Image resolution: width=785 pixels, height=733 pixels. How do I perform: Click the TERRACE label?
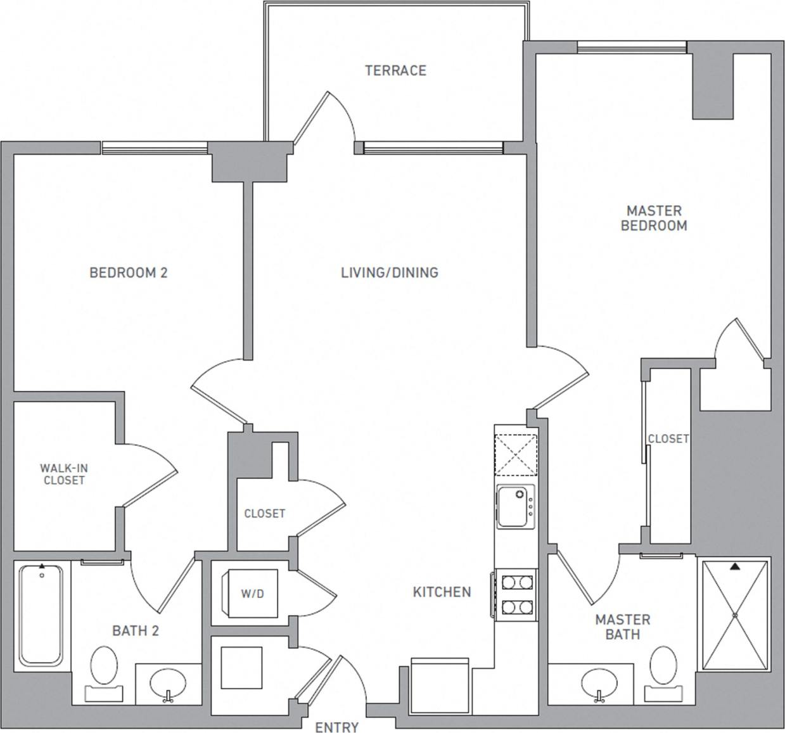coord(395,70)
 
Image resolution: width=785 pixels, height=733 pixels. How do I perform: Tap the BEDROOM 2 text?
coord(129,272)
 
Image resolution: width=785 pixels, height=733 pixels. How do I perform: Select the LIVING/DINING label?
coord(390,272)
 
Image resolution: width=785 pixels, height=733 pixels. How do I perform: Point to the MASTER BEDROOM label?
coord(654,218)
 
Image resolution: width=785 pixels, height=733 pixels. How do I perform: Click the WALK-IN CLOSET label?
coord(64,474)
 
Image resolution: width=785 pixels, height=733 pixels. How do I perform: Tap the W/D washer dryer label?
coord(252,594)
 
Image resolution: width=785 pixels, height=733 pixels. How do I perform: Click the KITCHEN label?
coord(442,592)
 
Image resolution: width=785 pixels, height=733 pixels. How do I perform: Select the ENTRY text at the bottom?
coord(336,727)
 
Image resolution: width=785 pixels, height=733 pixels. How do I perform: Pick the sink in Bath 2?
coord(169,684)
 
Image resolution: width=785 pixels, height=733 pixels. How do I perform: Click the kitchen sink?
coord(514,506)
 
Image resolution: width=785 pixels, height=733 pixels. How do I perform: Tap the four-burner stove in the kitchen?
coord(516,594)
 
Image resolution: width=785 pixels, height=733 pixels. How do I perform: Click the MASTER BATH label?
coord(622,627)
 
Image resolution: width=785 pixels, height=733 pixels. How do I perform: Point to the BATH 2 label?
coord(136,630)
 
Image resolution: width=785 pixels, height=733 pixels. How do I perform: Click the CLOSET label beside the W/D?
coord(264,513)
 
